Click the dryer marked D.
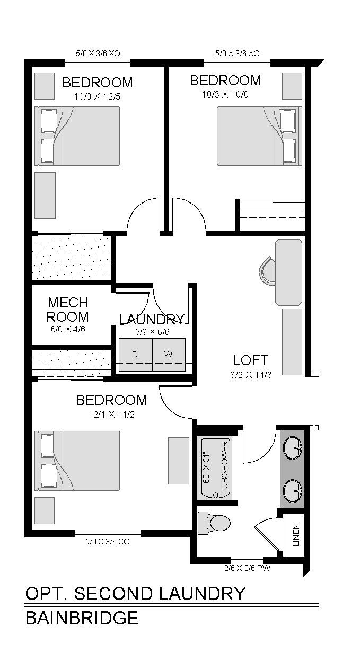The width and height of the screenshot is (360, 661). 135,355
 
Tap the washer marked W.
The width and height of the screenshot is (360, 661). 169,355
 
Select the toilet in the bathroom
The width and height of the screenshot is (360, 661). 214,523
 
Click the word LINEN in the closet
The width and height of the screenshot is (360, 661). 296,535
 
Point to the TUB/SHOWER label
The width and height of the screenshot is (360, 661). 225,468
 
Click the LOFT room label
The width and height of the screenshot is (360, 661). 251,360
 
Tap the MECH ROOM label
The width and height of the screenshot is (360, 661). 67,310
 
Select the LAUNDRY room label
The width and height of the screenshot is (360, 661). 152,319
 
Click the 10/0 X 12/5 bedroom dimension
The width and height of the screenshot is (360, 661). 98,96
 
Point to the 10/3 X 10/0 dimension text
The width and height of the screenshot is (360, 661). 225,94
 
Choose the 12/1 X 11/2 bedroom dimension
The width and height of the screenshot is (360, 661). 111,415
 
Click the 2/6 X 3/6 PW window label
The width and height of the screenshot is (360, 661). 247,568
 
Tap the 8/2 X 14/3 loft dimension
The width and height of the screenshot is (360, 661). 251,375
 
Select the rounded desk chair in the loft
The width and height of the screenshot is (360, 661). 267,271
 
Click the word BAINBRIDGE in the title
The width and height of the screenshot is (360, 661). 82,618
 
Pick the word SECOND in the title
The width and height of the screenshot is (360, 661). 113,594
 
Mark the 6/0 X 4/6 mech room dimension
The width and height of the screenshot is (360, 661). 68,329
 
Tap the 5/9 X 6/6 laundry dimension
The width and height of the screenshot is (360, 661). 152,332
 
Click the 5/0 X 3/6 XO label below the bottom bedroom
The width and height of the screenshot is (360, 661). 108,542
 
